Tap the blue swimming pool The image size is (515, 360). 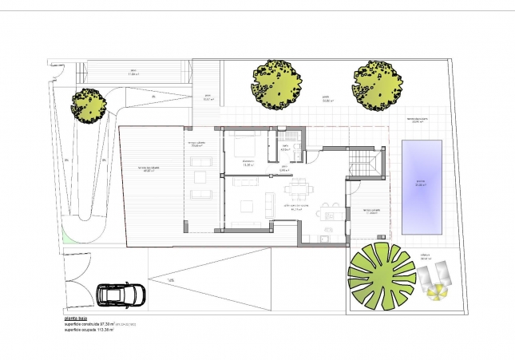(x=422, y=186)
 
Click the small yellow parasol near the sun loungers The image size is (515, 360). (x=436, y=293)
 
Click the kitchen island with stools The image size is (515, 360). (x=328, y=212)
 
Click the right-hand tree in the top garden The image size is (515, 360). (x=377, y=82)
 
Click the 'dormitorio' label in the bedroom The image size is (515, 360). (x=248, y=164)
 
